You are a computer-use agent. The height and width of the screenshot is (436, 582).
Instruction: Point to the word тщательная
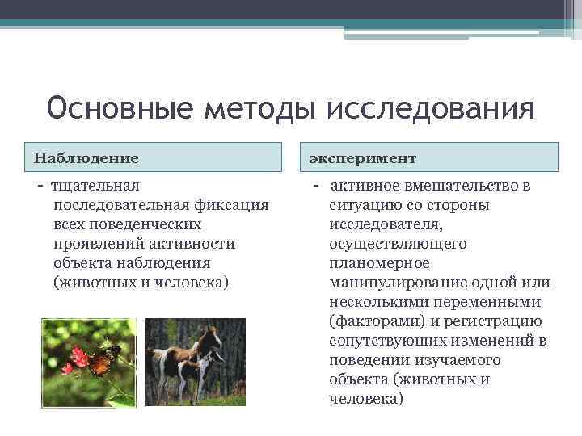95,187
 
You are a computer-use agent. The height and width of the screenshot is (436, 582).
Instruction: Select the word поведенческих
150,224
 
